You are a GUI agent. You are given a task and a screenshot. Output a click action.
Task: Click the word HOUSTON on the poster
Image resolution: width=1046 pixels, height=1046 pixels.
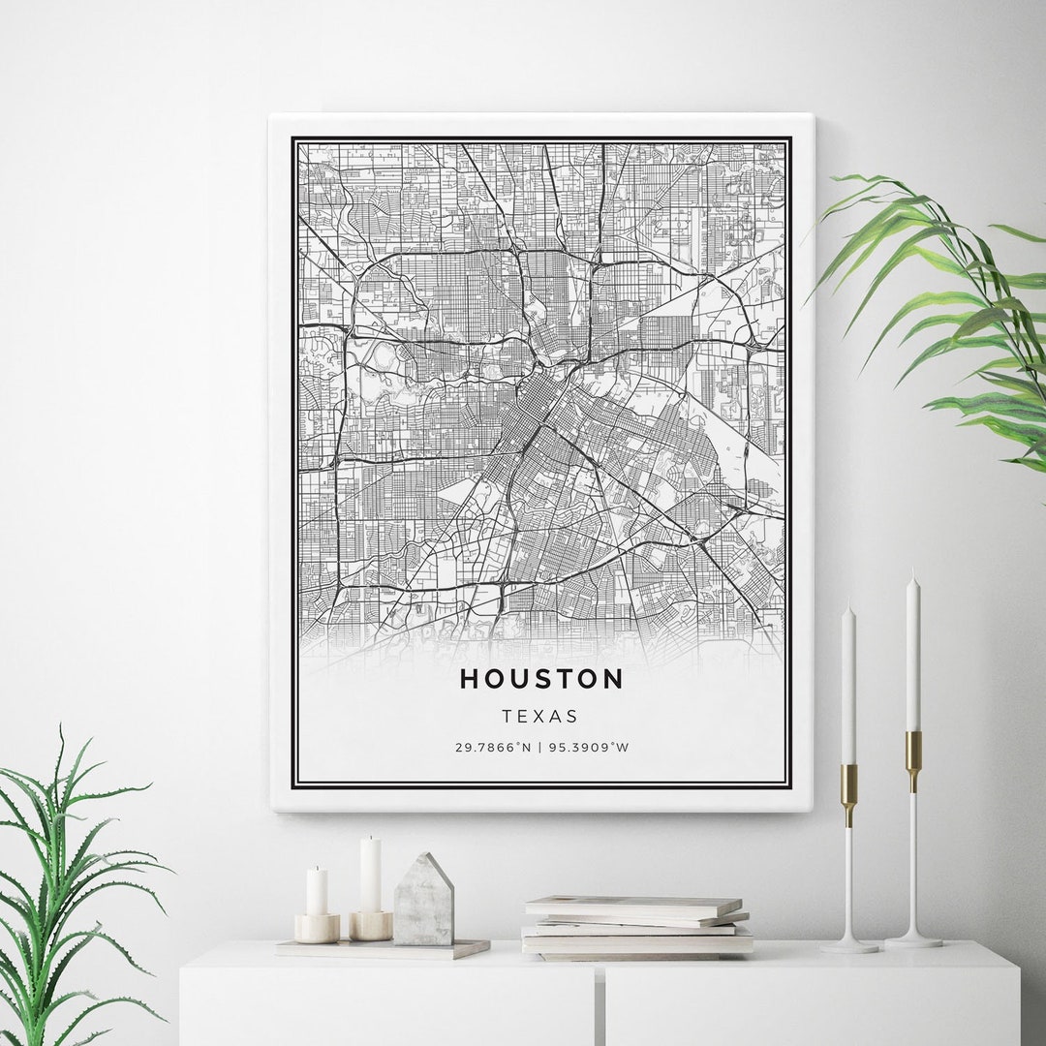tap(541, 679)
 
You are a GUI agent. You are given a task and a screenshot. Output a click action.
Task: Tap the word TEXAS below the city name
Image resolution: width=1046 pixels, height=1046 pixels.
tap(540, 717)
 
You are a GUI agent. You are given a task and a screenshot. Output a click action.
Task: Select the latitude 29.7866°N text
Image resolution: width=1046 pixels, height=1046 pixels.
tap(494, 748)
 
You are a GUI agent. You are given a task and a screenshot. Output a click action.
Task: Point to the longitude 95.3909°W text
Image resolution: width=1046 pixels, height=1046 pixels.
tap(590, 748)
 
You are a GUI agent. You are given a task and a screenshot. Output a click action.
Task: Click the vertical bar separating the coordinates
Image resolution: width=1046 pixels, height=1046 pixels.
tap(540, 748)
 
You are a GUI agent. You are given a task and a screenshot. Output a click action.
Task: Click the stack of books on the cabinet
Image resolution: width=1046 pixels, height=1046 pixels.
tap(636, 927)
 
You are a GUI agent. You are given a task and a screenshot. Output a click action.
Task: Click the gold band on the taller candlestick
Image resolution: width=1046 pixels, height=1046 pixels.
tap(913, 749)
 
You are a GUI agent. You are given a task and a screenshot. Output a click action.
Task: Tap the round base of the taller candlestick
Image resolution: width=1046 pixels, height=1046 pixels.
tap(912, 939)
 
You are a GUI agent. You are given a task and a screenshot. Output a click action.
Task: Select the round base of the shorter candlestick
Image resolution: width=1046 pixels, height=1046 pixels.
tap(849, 945)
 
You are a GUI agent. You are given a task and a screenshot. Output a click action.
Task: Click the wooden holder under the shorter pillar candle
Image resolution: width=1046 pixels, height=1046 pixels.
tap(317, 928)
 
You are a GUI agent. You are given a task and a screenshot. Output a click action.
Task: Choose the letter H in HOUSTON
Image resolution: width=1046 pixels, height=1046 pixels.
tap(470, 679)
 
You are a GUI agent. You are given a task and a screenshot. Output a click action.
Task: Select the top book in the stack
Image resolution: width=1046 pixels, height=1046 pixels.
tap(633, 905)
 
